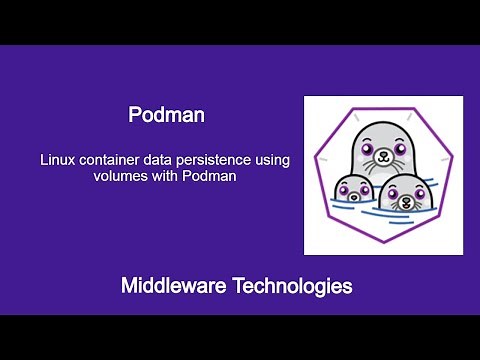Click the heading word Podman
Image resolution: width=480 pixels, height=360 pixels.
coord(167,115)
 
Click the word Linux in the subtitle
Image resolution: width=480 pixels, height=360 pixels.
coord(56,159)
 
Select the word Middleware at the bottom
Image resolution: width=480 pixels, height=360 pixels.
coord(176,286)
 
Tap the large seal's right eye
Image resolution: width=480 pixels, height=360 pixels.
coord(399,150)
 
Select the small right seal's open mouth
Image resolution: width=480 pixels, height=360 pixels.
coord(407,204)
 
